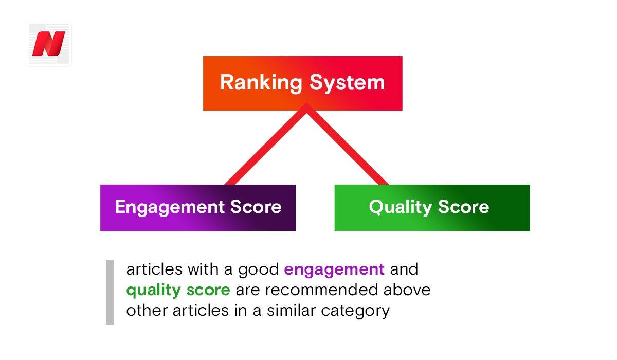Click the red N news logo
click(x=49, y=44)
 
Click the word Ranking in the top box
click(x=261, y=83)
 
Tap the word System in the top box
click(x=347, y=83)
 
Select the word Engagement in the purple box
click(x=170, y=207)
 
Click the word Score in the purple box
click(x=256, y=207)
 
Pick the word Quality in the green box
click(x=400, y=207)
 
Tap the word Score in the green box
click(x=464, y=207)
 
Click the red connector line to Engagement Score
click(x=266, y=144)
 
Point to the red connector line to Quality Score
click(x=348, y=144)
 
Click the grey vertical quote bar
click(x=110, y=292)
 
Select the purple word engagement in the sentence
click(x=334, y=270)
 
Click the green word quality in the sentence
click(x=153, y=291)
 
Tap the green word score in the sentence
click(x=208, y=291)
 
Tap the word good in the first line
click(x=258, y=270)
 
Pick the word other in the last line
click(x=147, y=311)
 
